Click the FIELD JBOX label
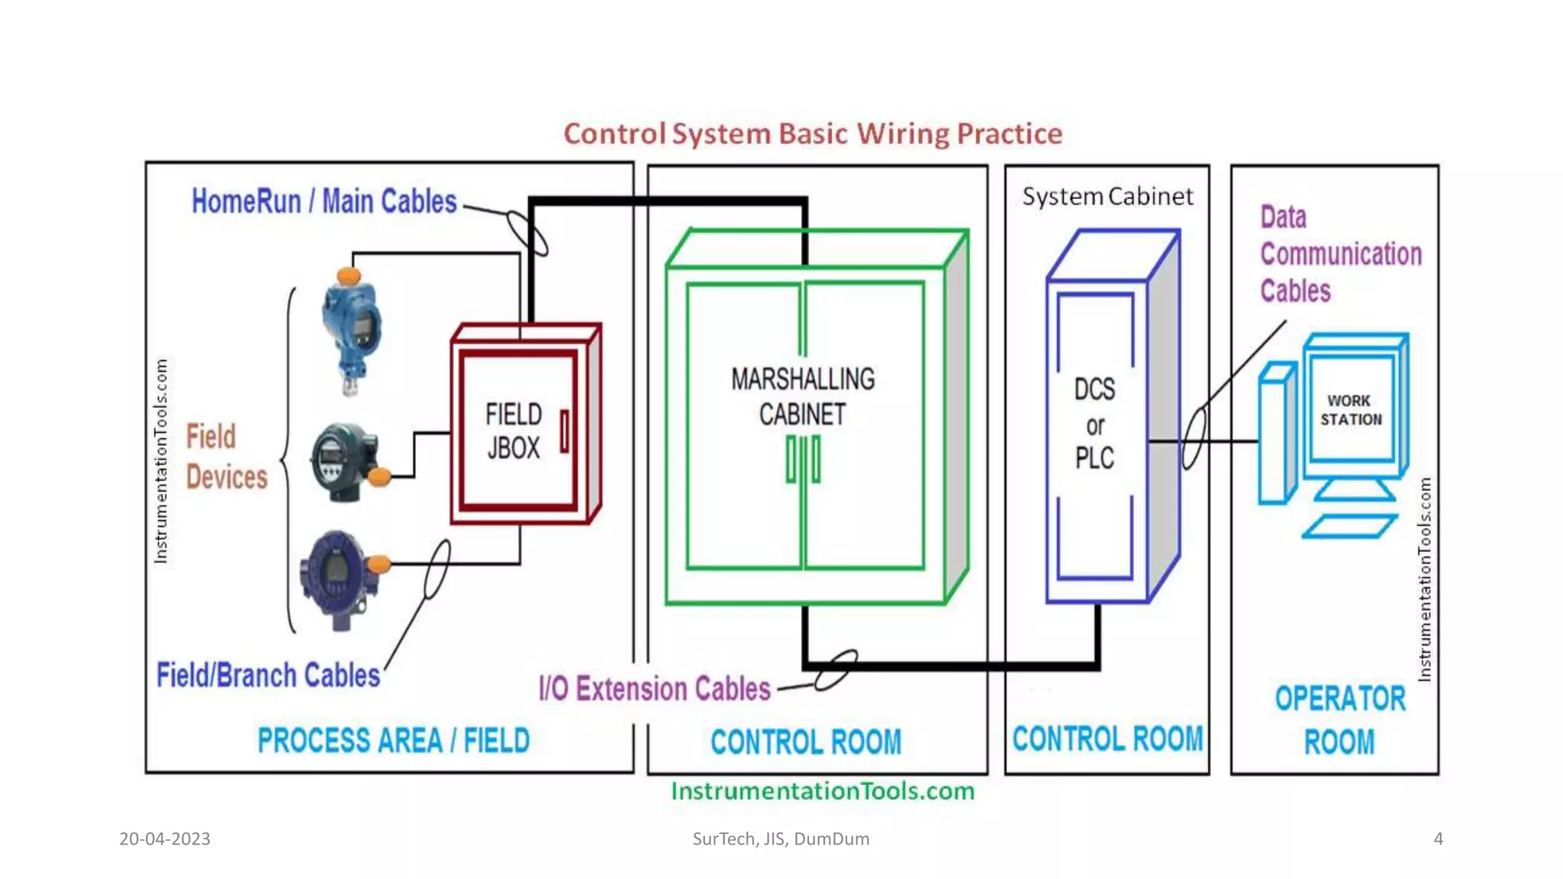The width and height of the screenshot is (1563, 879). pos(514,431)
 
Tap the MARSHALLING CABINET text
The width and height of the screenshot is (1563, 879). pos(803,397)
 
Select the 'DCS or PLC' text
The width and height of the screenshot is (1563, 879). pos(1094,424)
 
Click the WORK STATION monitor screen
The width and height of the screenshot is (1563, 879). pos(1351,411)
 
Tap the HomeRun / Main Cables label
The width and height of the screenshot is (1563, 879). pos(324,202)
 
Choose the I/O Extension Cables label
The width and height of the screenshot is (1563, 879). pos(654,689)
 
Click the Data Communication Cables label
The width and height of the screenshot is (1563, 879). pos(1339,254)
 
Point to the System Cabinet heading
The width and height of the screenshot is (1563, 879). pos(1107,197)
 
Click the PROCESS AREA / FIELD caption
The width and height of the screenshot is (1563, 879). pos(393,741)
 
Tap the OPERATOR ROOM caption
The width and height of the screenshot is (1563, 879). pos(1339,720)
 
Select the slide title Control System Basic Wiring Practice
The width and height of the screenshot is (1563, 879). pos(813,134)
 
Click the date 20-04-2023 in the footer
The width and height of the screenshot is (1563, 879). pos(165,839)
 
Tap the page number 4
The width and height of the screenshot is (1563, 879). pos(1438,839)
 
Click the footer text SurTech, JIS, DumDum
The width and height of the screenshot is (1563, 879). pos(781,839)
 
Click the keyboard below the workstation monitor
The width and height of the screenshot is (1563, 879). pos(1349,526)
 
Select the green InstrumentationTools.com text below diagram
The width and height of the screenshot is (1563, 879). pos(823,791)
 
